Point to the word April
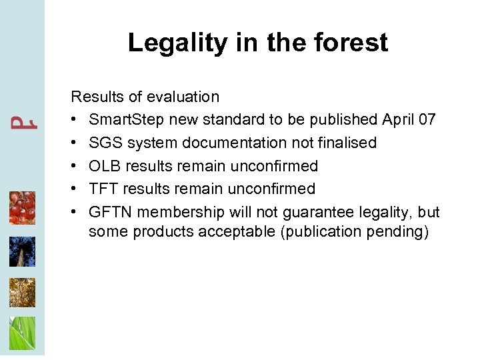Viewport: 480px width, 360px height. pos(399,120)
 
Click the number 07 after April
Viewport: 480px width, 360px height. pos(428,120)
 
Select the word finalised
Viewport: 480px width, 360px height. pos(347,143)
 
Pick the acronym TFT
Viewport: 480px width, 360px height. pos(103,189)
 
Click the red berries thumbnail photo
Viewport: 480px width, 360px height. pos(22,207)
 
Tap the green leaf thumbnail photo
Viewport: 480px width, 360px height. pos(22,333)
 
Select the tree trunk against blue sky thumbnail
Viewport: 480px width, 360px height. pos(22,251)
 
